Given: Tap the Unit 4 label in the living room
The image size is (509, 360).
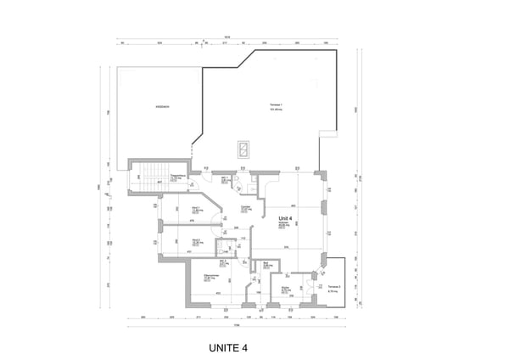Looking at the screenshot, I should pos(286,218).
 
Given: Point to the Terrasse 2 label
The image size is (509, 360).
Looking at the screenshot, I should pos(333,288).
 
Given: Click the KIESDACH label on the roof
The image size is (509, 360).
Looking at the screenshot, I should pos(164,106).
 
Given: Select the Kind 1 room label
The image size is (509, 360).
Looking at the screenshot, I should pos(196,210).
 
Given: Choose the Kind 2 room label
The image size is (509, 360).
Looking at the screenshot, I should pos(196,242).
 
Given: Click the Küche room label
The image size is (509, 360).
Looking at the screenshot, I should pos(287,290).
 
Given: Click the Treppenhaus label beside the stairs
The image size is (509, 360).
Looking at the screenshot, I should pos(176,178).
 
